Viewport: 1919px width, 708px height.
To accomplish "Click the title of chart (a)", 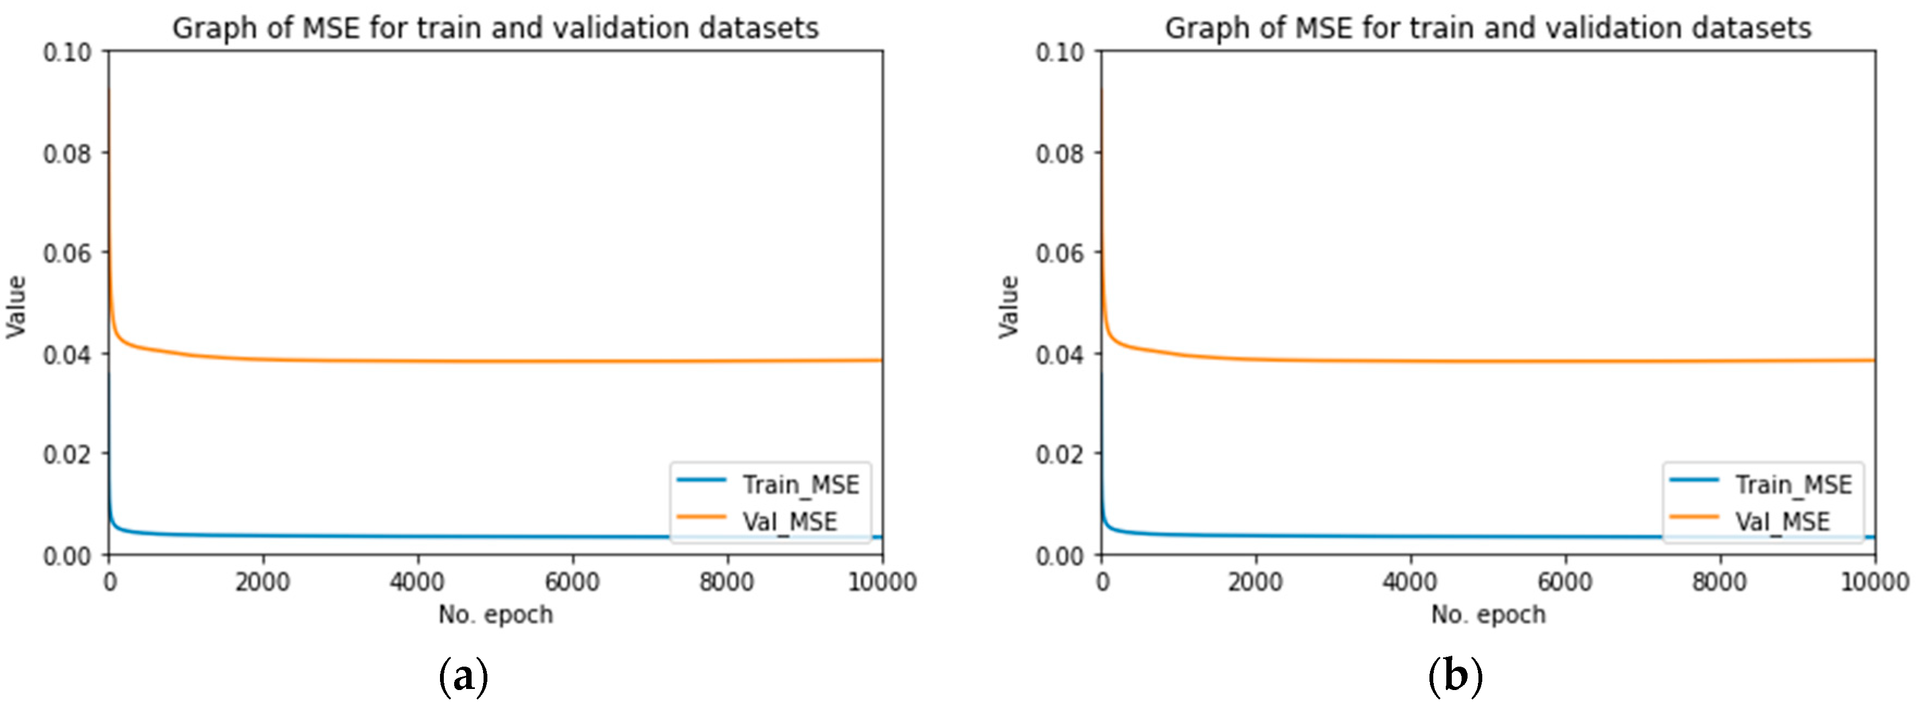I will click(496, 28).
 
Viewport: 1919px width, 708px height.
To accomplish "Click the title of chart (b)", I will click(1488, 28).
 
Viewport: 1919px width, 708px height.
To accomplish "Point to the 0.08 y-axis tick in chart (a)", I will click(67, 153).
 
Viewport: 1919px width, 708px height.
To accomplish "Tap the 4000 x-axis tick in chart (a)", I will click(417, 581).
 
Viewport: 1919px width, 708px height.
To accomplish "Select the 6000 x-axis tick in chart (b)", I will click(1564, 581).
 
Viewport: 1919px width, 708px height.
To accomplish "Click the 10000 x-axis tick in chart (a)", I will click(882, 581).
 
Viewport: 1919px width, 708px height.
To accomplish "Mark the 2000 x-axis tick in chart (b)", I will click(1255, 581).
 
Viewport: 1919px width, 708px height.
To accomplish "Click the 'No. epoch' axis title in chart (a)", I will click(496, 615).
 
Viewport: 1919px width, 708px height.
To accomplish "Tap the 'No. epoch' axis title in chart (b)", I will click(1488, 615).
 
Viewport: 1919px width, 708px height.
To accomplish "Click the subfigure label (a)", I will click(463, 676).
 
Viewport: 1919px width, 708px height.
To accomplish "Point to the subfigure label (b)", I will click(1456, 676).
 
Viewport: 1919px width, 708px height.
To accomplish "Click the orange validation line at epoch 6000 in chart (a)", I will click(572, 362).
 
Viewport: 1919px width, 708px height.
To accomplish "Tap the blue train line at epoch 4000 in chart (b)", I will click(1410, 536).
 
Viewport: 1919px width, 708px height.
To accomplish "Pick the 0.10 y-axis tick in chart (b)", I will click(1059, 52).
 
